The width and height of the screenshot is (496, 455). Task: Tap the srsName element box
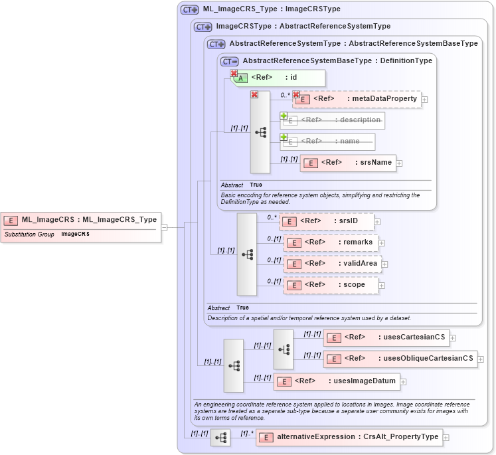(348, 163)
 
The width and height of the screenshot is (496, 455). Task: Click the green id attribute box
(278, 78)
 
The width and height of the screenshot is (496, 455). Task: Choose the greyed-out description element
(332, 120)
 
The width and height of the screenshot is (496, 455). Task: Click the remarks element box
(331, 242)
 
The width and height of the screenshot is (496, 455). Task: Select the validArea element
(332, 264)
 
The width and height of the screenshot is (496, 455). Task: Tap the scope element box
(330, 285)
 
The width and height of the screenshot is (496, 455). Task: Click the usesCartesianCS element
(386, 337)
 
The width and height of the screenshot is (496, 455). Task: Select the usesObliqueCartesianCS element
(400, 359)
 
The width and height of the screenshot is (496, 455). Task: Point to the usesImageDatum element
(337, 381)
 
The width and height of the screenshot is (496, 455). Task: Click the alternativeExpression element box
(349, 437)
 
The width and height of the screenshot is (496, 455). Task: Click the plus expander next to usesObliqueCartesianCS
(481, 359)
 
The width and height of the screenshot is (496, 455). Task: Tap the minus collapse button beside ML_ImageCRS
(164, 227)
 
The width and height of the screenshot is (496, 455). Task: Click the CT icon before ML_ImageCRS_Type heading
(190, 10)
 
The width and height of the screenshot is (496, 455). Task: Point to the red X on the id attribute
(234, 73)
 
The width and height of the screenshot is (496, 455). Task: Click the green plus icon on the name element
(284, 137)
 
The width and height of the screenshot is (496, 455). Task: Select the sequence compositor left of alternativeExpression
(220, 437)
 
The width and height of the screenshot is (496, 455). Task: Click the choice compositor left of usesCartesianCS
(283, 349)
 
